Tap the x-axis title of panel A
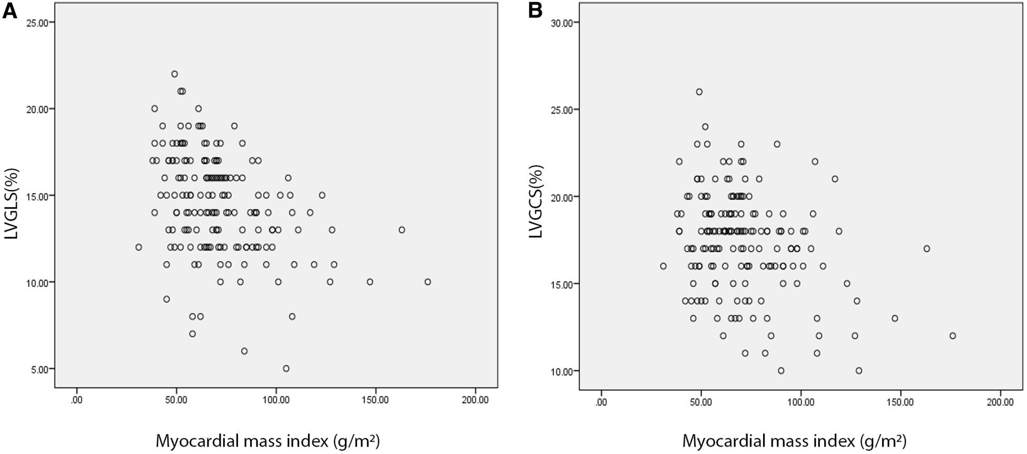coord(268,440)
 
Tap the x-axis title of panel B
coord(794,440)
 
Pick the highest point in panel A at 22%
coord(174,74)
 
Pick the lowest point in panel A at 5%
coord(286,369)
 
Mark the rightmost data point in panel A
coord(428,282)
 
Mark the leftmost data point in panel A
coord(139,247)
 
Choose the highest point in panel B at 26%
coord(699,92)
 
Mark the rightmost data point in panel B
coord(952,335)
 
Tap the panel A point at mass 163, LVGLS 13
coord(402,230)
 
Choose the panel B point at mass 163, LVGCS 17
coord(927,249)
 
